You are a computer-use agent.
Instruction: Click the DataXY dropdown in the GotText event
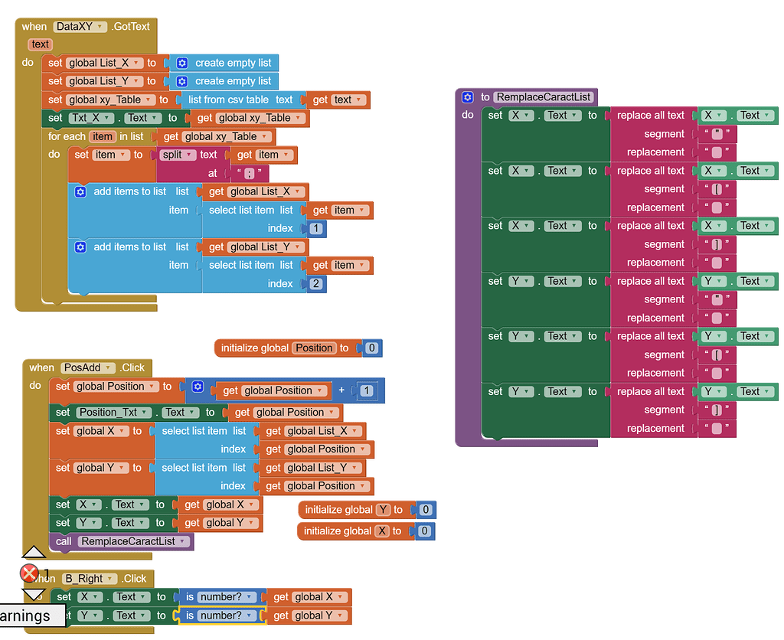tap(80, 27)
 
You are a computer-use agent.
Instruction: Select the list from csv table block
tap(240, 100)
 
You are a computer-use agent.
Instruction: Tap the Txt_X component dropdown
tap(90, 118)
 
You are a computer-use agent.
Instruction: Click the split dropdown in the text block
tap(177, 155)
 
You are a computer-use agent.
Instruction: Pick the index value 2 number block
tap(315, 283)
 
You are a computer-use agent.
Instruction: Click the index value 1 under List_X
tap(315, 228)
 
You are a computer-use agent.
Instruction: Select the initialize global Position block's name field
tap(314, 348)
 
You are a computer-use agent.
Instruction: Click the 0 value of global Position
tap(371, 348)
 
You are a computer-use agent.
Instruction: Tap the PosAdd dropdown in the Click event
tap(88, 367)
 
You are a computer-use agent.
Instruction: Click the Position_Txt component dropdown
tap(113, 413)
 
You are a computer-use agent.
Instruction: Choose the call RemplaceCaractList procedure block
tap(122, 541)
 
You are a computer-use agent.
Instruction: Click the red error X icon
tap(29, 573)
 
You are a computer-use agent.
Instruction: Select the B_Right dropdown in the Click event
tap(90, 579)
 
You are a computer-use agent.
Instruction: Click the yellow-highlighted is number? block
tap(220, 616)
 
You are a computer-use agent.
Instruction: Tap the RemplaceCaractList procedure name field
tap(544, 97)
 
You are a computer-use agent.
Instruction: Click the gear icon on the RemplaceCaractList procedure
tap(468, 97)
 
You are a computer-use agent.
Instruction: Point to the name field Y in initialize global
tap(383, 510)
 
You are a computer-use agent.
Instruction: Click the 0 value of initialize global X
tap(424, 531)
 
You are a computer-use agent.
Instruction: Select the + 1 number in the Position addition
tap(367, 390)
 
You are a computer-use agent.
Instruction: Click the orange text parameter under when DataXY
tap(41, 44)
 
